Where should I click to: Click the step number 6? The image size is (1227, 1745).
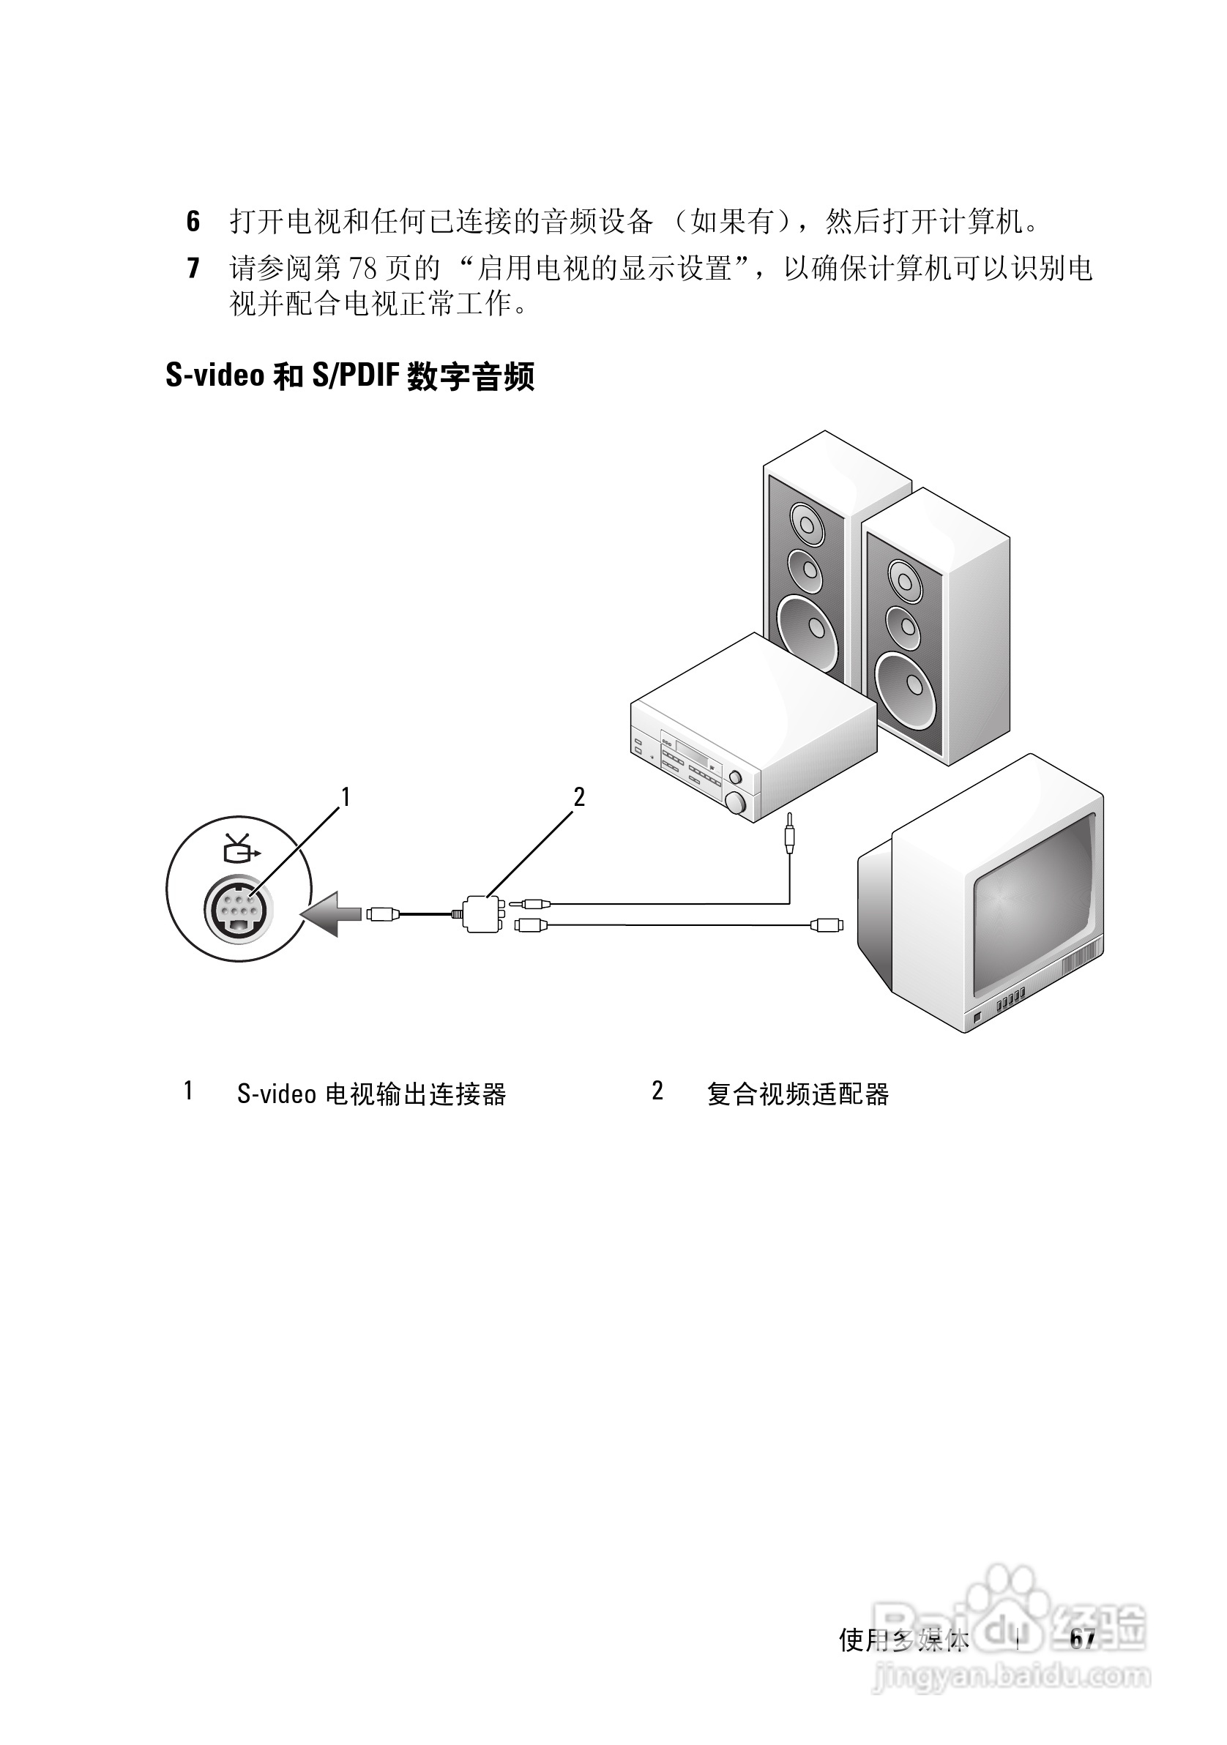[193, 222]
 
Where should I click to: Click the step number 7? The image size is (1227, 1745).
[193, 269]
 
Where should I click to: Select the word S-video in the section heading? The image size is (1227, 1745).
[215, 375]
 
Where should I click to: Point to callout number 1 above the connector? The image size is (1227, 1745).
[346, 797]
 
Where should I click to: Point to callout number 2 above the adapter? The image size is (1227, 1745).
[579, 797]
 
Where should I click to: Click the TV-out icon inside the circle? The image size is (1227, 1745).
[241, 848]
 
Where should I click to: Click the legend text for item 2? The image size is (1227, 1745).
[797, 1095]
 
